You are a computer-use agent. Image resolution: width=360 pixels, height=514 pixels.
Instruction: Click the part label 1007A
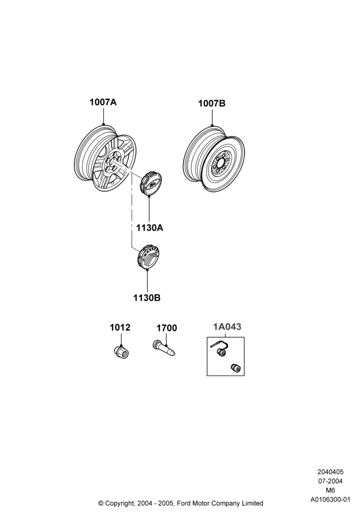(103, 102)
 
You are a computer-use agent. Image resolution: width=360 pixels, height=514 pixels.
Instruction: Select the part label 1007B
(211, 103)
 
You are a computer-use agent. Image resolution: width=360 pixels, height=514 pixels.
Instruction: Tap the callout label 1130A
(150, 228)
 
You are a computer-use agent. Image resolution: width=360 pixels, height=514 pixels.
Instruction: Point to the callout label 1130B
(147, 298)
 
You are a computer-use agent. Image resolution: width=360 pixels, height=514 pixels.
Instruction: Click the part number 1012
(120, 327)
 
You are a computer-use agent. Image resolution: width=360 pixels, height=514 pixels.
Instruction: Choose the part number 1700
(167, 328)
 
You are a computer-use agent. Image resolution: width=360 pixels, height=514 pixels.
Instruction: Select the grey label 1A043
(227, 326)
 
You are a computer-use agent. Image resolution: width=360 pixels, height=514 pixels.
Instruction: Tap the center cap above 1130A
(150, 183)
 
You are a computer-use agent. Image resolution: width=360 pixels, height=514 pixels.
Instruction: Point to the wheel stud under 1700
(164, 348)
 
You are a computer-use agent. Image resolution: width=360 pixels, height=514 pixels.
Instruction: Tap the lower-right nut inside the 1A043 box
(235, 368)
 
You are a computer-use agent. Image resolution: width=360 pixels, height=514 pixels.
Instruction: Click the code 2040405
(330, 472)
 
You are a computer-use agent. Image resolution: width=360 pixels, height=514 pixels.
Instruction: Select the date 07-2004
(331, 481)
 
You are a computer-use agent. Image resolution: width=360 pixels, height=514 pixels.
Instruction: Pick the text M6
(330, 490)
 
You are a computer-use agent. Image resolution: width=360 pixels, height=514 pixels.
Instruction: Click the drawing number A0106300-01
(331, 500)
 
